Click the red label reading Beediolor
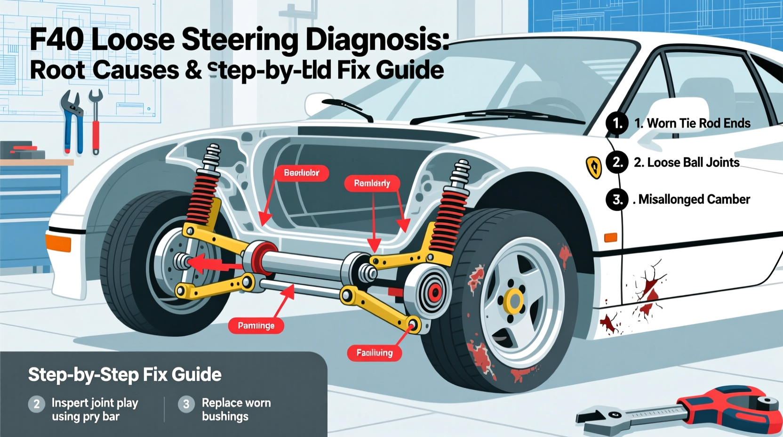pos(302,173)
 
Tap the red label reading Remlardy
pos(372,183)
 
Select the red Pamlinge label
pos(256,325)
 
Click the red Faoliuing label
pos(374,353)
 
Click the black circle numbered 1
pos(617,123)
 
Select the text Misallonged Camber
pos(694,199)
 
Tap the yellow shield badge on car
pos(594,167)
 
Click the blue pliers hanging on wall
pos(72,121)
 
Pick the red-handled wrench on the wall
pos(96,122)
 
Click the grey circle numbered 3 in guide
pos(186,404)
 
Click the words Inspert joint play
pos(95,403)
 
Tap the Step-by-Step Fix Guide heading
pos(125,375)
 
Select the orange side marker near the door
pos(610,237)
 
